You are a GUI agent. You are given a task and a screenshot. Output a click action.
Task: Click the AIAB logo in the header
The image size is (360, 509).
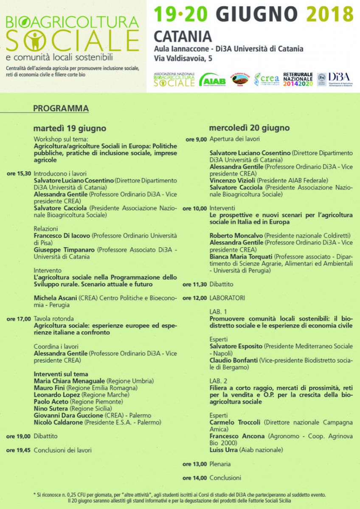point(212,79)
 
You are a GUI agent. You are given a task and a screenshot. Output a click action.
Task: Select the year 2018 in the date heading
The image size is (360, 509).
point(330,14)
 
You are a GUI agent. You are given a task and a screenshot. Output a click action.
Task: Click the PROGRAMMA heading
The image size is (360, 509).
point(61,109)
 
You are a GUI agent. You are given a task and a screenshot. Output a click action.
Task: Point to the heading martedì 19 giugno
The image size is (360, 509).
point(70,128)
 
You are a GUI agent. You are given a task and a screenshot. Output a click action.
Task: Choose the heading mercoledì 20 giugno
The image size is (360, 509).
point(249,128)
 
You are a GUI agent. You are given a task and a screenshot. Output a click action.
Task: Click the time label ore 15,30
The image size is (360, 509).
point(19,173)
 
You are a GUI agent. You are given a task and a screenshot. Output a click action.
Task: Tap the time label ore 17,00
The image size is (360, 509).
point(19,319)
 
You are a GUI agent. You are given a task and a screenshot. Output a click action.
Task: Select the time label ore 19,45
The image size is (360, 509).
point(19,450)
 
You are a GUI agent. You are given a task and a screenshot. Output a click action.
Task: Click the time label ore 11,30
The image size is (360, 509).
point(195,284)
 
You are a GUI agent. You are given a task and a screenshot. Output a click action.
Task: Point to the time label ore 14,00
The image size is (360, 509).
point(195,478)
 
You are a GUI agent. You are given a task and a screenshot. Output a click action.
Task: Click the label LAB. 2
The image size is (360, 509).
point(218,381)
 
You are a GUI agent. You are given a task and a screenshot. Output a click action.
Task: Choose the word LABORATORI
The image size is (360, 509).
point(227,298)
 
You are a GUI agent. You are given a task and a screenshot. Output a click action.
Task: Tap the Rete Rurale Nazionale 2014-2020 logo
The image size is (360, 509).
point(298,79)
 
